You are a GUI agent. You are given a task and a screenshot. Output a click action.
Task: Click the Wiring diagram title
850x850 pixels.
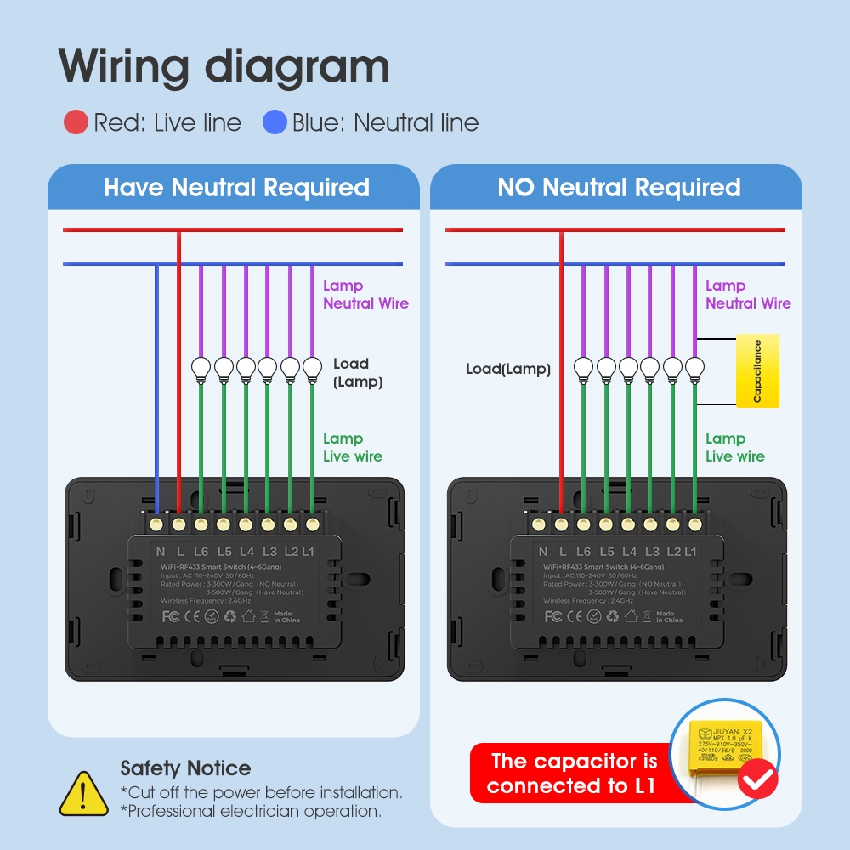(224, 65)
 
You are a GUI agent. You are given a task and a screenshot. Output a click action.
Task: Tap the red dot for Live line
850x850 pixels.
(76, 123)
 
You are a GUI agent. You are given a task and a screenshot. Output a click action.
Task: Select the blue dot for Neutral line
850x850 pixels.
(275, 123)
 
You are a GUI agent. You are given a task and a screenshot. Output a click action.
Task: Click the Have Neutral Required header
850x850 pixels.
(236, 188)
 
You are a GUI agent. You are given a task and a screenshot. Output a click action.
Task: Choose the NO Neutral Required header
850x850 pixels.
(619, 188)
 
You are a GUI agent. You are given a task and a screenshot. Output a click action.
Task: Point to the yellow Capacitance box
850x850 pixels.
(757, 371)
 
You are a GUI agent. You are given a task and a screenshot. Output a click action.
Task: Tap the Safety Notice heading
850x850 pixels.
(185, 768)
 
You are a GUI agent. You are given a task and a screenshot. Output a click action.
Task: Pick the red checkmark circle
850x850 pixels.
(757, 779)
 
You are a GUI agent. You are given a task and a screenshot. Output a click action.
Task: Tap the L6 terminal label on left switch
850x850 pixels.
(201, 552)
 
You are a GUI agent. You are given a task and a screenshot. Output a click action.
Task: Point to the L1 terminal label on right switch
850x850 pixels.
(690, 552)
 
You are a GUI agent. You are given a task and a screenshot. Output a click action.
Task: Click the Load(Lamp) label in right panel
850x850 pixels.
(508, 369)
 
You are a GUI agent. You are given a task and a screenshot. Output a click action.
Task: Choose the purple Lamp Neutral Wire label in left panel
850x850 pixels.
(365, 295)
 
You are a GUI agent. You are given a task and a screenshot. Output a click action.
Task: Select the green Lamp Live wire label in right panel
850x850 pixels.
(734, 447)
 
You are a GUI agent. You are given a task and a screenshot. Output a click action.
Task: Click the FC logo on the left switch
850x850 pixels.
(170, 615)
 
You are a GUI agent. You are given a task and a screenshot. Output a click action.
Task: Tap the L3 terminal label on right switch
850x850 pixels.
(652, 552)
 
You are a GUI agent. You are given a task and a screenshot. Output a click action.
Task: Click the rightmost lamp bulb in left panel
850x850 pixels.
(312, 366)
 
